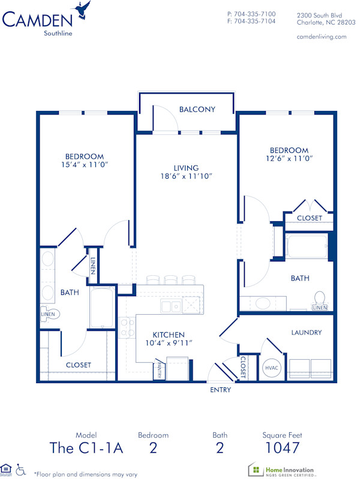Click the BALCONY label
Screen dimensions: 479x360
coord(197,109)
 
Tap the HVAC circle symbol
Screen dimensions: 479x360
coord(271,368)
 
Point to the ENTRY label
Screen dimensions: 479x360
coord(221,390)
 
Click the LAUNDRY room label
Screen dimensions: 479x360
coord(306,332)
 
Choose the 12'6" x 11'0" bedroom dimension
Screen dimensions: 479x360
coord(289,159)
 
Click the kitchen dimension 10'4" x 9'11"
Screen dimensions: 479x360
coord(168,343)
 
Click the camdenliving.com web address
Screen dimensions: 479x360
coord(322,37)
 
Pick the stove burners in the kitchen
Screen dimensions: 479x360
coord(127,327)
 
